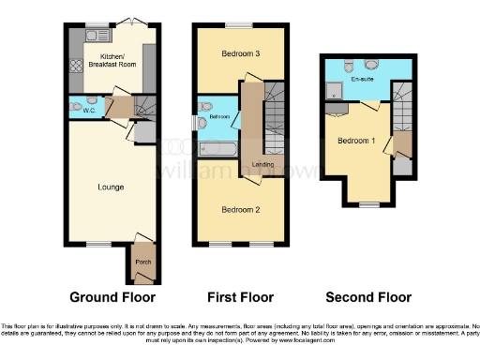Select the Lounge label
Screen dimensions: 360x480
point(111,187)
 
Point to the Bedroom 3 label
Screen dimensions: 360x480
point(241,54)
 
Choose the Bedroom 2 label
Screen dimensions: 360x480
point(241,209)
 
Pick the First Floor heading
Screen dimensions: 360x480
point(240,297)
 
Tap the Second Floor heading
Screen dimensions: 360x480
point(367,297)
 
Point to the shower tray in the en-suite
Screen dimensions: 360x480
point(335,90)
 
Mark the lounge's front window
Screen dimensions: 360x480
point(97,244)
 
